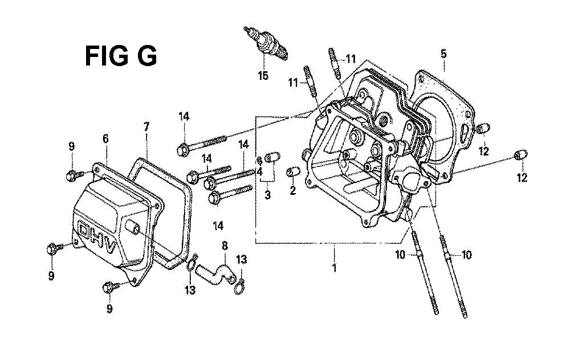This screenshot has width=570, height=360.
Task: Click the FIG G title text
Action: [121, 56]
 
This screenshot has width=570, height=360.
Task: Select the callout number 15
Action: [263, 76]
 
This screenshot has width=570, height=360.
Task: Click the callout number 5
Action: [443, 54]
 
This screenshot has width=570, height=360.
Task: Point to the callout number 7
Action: [146, 127]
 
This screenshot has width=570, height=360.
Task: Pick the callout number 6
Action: [105, 138]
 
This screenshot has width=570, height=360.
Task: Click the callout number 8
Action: [225, 246]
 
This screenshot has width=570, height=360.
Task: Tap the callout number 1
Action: [335, 268]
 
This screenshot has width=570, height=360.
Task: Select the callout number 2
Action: [292, 190]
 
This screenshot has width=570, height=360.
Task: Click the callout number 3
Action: [267, 195]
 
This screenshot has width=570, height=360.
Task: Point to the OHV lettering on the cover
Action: [97, 236]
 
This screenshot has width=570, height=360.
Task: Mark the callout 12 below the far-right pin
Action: [522, 178]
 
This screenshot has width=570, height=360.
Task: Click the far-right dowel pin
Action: [521, 154]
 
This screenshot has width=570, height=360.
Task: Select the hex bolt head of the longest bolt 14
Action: [183, 150]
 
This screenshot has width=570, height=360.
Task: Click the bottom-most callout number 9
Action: [109, 308]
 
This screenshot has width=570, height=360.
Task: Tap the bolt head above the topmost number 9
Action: [70, 175]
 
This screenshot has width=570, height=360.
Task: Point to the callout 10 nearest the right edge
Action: [466, 255]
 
